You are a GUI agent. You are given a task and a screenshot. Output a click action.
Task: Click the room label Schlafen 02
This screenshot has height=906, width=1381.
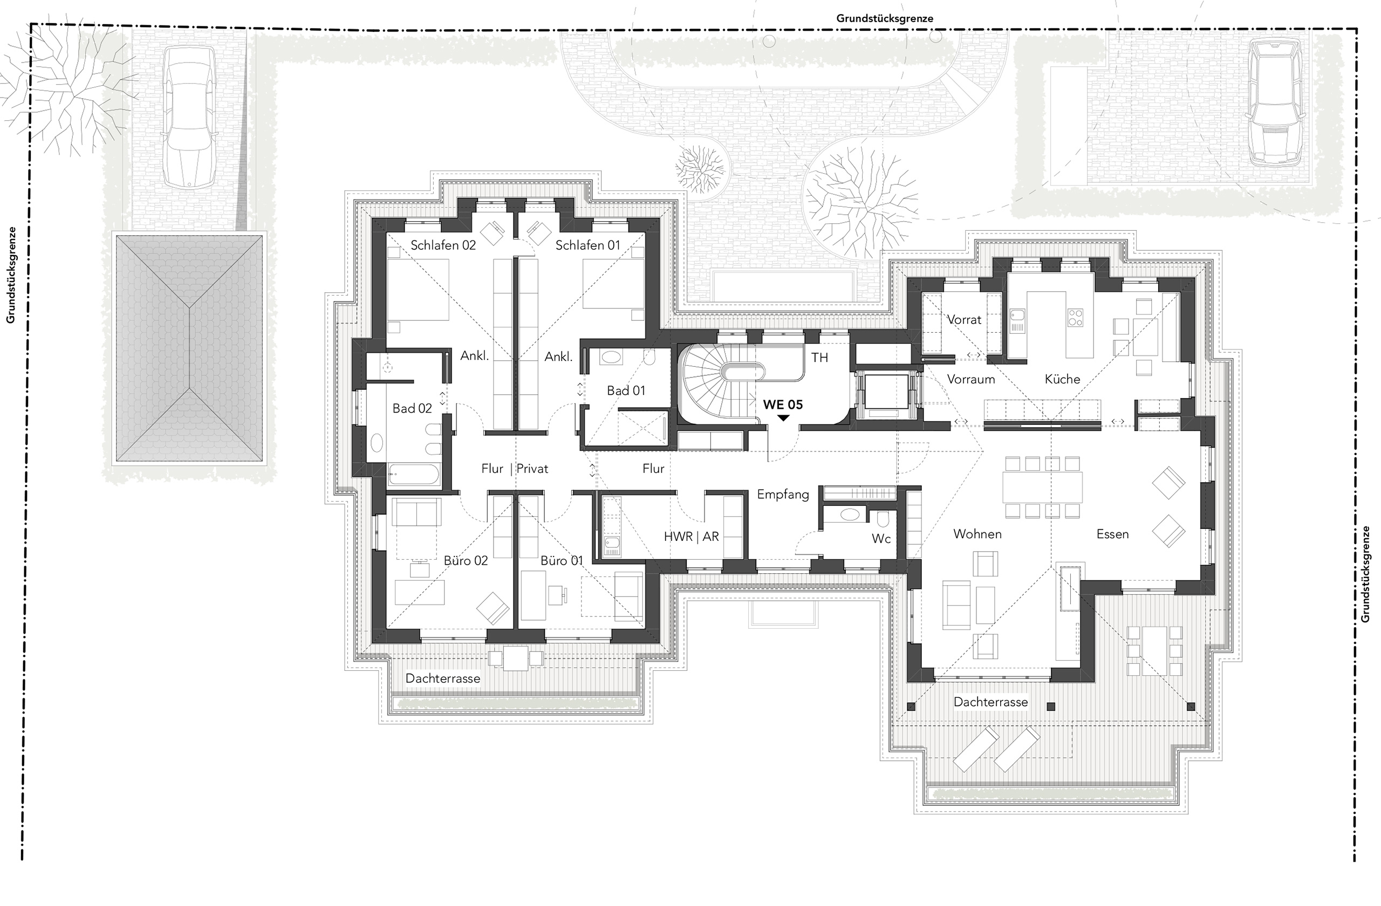pyautogui.click(x=443, y=245)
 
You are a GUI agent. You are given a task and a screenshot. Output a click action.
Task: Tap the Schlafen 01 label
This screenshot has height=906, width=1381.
pyautogui.click(x=588, y=245)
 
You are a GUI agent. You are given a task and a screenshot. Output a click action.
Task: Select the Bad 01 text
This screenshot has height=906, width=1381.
pyautogui.click(x=626, y=391)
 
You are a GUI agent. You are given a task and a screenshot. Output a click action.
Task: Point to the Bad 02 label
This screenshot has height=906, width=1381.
pyautogui.click(x=412, y=408)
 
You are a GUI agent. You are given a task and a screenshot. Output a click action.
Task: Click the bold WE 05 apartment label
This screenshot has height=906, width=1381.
pyautogui.click(x=783, y=405)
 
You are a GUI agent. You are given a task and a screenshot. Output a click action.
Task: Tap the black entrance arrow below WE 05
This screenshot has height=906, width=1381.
pyautogui.click(x=783, y=417)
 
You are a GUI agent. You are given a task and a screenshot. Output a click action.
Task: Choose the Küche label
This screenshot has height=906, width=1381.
pyautogui.click(x=1062, y=379)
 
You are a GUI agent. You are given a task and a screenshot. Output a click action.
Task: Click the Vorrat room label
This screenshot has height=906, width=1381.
pyautogui.click(x=965, y=320)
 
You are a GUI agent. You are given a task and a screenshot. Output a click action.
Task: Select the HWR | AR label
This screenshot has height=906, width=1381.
pyautogui.click(x=692, y=537)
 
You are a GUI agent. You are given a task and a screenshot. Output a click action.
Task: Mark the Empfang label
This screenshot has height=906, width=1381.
pyautogui.click(x=783, y=495)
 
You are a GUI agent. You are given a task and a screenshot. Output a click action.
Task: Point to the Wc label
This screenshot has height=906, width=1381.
pyautogui.click(x=881, y=539)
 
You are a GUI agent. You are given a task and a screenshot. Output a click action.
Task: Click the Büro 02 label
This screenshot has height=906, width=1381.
pyautogui.click(x=466, y=561)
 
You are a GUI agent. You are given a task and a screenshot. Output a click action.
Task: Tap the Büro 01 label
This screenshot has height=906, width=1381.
pyautogui.click(x=562, y=561)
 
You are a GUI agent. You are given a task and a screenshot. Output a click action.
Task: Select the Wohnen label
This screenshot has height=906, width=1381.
pyautogui.click(x=977, y=534)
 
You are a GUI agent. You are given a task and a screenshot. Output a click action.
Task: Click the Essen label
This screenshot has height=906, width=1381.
pyautogui.click(x=1112, y=534)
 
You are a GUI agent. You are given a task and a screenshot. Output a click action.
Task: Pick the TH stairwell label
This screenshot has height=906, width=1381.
pyautogui.click(x=819, y=358)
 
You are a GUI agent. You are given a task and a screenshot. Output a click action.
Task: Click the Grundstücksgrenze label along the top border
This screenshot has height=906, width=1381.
pyautogui.click(x=885, y=18)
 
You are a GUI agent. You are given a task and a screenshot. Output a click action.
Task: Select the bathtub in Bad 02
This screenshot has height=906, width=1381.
pyautogui.click(x=414, y=475)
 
